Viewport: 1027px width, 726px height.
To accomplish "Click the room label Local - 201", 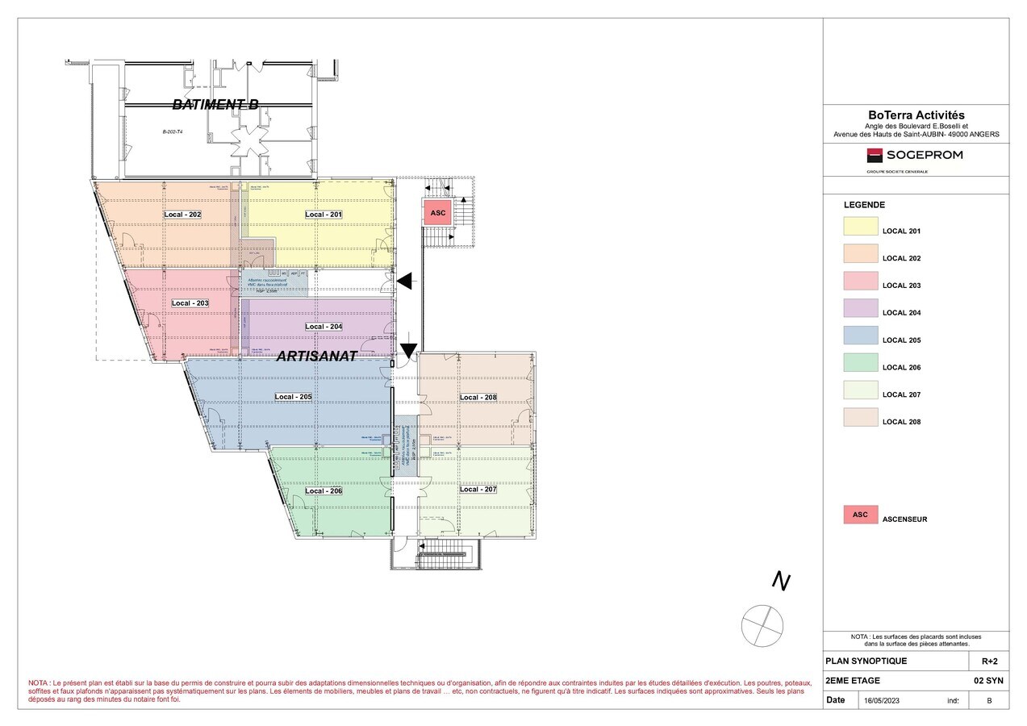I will (324, 215).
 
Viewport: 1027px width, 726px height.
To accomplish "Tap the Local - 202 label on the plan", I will (182, 215).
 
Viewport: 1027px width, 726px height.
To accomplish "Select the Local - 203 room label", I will (190, 303).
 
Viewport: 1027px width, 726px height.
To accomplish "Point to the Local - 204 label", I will (324, 327).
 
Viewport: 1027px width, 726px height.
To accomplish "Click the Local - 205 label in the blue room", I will (293, 397).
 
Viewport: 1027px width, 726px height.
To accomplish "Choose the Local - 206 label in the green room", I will (324, 491).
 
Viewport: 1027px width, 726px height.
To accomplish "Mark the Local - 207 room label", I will (478, 490).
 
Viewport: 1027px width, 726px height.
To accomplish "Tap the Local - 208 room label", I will (478, 398).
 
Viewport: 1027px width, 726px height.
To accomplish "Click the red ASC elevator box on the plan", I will (437, 213).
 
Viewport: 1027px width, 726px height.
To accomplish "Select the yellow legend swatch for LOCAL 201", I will (860, 227).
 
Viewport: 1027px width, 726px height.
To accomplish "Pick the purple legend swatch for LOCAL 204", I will (860, 308).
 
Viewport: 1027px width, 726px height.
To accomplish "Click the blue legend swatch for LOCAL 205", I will (860, 336).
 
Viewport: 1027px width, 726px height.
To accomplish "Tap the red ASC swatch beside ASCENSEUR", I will (860, 515).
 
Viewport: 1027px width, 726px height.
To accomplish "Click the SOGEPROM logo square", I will (875, 156).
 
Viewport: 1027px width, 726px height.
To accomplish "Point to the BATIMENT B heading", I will (215, 104).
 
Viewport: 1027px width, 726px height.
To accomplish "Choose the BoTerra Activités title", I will (916, 116).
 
